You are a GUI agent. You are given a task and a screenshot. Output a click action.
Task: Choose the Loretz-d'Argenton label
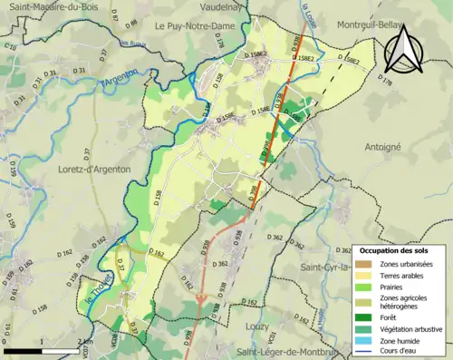92,169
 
